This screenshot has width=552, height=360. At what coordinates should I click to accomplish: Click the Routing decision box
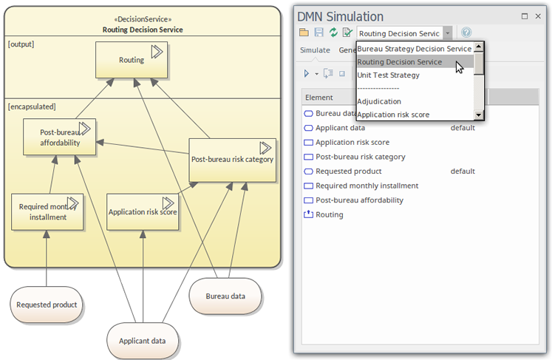pos(132,60)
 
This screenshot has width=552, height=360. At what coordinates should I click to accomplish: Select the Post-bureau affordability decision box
pos(60,137)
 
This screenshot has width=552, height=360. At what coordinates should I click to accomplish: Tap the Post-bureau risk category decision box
pos(232,160)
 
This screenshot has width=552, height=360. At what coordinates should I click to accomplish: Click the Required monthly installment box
pos(47,211)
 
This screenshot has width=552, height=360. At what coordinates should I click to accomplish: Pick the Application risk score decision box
pos(143,211)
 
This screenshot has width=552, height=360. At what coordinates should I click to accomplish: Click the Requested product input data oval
pos(47,305)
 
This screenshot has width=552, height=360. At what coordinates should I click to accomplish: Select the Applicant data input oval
pos(142,341)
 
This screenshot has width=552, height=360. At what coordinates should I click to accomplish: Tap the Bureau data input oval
pos(225,296)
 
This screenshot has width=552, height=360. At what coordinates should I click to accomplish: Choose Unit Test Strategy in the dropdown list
pos(388,75)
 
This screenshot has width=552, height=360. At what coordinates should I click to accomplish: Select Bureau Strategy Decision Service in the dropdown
pos(415,49)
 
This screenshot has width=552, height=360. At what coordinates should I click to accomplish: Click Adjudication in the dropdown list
pos(379,101)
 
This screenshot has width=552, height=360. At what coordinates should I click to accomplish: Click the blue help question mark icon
pos(466,33)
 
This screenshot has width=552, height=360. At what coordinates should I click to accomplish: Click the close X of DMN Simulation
pos(538,16)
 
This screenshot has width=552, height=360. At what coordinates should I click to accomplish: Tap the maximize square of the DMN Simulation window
pos(525,16)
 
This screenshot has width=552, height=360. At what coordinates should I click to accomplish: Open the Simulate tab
pos(315,50)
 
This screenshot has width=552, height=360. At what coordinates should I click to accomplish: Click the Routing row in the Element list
pos(329,214)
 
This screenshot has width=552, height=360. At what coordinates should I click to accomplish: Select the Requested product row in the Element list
pos(349,171)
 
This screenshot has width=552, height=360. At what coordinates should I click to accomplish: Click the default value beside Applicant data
pos(463,128)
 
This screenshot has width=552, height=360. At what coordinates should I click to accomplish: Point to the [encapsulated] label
pos(32,106)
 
